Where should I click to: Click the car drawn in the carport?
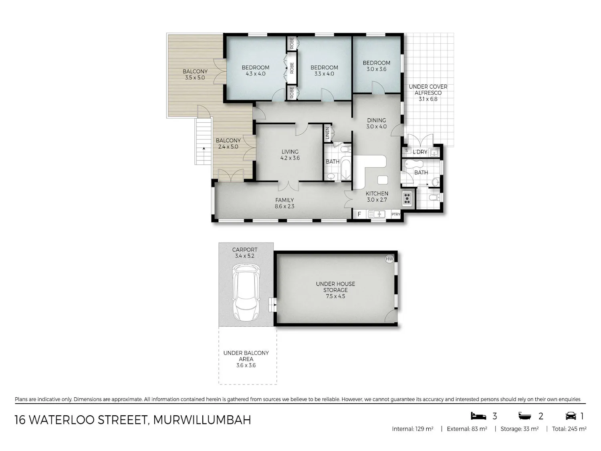[x=246, y=293]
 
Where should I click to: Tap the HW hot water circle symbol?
[x=389, y=259]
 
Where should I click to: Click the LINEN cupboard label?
[x=327, y=133]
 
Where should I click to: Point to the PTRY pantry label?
[x=395, y=214]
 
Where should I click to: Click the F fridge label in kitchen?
[x=359, y=214]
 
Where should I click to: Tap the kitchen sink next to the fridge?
[x=377, y=214]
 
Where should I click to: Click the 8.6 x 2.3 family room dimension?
[x=284, y=206]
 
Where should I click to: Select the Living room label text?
[x=290, y=152]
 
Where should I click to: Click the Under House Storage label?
[x=335, y=287]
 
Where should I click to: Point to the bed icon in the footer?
[x=478, y=416]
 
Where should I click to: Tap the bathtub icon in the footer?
[x=524, y=416]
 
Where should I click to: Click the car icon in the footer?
[x=571, y=416]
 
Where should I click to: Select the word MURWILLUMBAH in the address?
[x=202, y=420]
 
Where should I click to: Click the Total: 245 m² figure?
[x=569, y=429]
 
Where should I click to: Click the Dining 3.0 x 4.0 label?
[x=377, y=123]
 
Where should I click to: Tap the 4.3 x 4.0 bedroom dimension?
[x=256, y=74]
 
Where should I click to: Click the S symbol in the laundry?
[x=407, y=150]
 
